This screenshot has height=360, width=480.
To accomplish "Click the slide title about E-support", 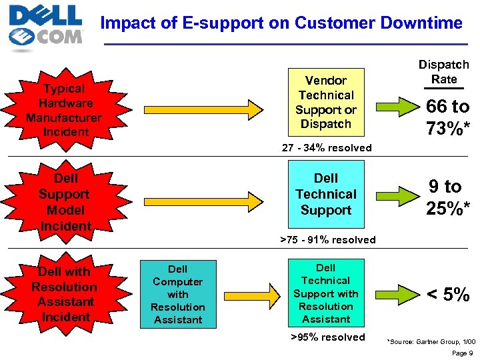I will point(281,23).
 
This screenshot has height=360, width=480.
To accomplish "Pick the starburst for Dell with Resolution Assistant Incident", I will point(64,294).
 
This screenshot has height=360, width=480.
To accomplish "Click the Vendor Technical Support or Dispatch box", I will point(326,102).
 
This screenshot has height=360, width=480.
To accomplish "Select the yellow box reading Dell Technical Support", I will point(326,194).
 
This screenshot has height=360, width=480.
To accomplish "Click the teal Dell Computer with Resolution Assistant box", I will point(178,294).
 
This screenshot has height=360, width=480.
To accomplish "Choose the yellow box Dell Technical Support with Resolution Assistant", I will point(326,293).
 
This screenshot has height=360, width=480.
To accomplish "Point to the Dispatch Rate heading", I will point(443,72).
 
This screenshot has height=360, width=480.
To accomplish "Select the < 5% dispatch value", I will point(448,294).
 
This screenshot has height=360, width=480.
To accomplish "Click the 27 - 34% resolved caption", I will point(327,147).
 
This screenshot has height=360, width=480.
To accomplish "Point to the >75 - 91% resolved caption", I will point(327,239).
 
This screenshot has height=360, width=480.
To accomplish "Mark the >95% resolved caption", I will point(327,337).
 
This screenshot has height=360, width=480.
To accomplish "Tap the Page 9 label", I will point(461,353).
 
